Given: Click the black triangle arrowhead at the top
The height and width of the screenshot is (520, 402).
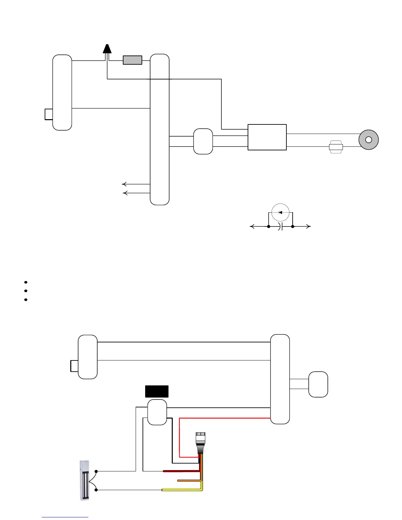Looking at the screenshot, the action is click(107, 49).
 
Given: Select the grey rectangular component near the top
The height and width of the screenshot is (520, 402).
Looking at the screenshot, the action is click(132, 60).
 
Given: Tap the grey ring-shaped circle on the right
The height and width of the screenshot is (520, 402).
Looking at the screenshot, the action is click(368, 140).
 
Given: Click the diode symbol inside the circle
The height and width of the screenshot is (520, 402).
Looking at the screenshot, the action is click(280, 212).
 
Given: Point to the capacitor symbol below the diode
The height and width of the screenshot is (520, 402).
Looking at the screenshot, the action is click(280, 227).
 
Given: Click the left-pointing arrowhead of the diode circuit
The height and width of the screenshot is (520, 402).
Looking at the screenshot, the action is click(252, 227).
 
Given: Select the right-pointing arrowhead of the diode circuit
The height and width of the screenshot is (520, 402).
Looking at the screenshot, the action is click(308, 227).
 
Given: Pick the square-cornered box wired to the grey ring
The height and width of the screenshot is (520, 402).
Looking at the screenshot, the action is click(267, 137).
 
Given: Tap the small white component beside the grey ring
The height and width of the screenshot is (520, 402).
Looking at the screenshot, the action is click(336, 147).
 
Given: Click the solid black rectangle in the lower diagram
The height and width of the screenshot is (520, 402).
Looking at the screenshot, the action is click(157, 391).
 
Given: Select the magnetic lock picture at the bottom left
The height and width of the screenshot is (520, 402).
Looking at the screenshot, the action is click(84, 480).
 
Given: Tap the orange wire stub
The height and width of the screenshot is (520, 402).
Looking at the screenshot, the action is click(189, 481).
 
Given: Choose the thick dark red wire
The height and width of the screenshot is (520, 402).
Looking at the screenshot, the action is click(181, 471).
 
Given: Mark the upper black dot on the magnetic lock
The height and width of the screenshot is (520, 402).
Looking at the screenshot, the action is click(96, 471).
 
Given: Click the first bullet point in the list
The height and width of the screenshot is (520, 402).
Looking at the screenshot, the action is click(25, 282).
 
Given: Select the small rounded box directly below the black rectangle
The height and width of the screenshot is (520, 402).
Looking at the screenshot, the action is click(157, 412).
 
